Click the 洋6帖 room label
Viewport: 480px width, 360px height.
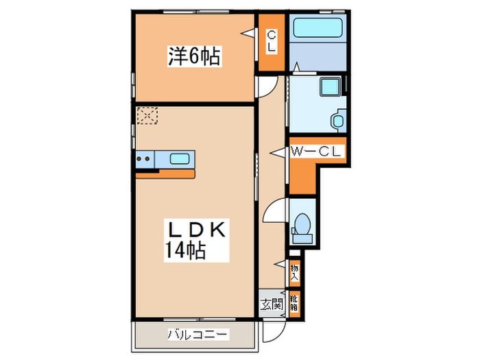(x=194, y=57)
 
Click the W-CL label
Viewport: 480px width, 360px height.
(x=316, y=152)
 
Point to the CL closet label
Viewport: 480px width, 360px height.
(x=271, y=42)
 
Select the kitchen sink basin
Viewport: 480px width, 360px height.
(x=180, y=159)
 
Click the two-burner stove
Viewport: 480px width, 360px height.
(x=145, y=159)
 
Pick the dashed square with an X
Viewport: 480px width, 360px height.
(x=146, y=116)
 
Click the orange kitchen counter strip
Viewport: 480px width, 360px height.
(x=165, y=173)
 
